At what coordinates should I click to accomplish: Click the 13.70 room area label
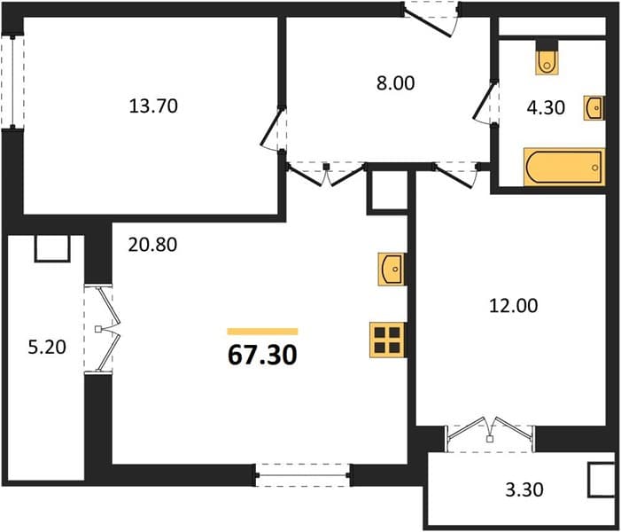point(153,106)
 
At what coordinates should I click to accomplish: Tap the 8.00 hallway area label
point(395,83)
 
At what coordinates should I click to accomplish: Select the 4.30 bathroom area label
point(546,107)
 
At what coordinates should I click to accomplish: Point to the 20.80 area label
point(152,245)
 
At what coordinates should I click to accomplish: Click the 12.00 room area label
point(514,306)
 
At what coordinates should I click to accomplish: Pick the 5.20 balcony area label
point(47,348)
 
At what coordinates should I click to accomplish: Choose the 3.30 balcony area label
point(524,489)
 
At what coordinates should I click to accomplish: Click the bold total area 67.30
point(262,355)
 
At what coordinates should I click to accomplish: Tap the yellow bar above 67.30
point(262,332)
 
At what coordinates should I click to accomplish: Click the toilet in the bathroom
point(547,62)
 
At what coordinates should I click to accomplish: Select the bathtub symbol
point(564,167)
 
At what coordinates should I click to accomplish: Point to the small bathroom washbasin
point(594,108)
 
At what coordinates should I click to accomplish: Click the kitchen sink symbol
point(392,269)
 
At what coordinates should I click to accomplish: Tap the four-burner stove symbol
point(387,340)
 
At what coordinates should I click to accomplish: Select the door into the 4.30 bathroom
point(484,103)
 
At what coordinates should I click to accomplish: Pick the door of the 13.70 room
point(273,129)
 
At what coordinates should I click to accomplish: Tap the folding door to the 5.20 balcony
point(104,329)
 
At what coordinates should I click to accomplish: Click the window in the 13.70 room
point(12,82)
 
